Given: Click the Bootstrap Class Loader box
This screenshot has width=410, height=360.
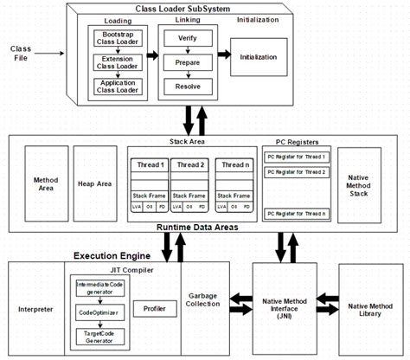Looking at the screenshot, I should click(118, 40).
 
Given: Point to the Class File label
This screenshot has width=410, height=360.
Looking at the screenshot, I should click(21, 54).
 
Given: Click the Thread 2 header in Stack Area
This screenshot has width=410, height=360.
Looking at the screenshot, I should click(190, 164).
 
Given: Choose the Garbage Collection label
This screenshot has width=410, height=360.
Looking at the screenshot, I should click(204, 300).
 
